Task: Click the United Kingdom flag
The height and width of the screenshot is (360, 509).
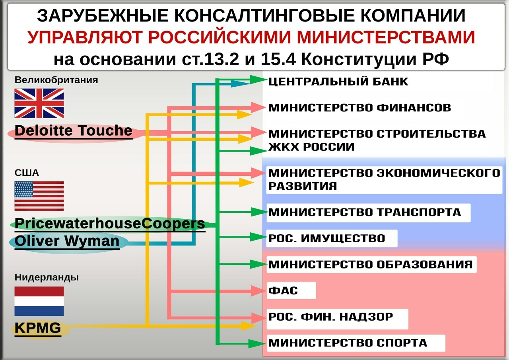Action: (x=39, y=103)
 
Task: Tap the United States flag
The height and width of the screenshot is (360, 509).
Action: (x=39, y=196)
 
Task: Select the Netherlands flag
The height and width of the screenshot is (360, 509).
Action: (x=39, y=301)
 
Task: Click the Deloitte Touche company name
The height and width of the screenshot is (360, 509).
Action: (x=74, y=131)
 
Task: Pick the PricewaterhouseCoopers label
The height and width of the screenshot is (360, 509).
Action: (x=110, y=224)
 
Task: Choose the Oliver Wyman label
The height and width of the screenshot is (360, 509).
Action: (x=67, y=241)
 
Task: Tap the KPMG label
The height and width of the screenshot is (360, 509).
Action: (x=38, y=328)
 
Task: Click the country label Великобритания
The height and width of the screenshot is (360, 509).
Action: (x=56, y=80)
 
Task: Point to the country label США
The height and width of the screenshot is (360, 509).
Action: (x=27, y=173)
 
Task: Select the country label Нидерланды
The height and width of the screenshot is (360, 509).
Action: (x=47, y=278)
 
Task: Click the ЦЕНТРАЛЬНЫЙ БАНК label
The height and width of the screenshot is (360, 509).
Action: (x=338, y=82)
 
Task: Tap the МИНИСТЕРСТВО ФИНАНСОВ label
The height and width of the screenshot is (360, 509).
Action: (x=360, y=108)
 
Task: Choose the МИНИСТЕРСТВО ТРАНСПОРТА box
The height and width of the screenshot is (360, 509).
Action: (x=368, y=213)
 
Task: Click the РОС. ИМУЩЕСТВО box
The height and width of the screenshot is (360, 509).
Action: (x=332, y=238)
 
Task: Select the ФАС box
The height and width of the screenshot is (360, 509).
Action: (x=291, y=290)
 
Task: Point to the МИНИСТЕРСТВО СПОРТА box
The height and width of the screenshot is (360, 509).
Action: (x=356, y=343)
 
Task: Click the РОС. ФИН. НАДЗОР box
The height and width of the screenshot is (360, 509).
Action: (x=338, y=319)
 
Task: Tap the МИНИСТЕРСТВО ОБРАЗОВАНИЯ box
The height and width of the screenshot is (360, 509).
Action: (x=372, y=264)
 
